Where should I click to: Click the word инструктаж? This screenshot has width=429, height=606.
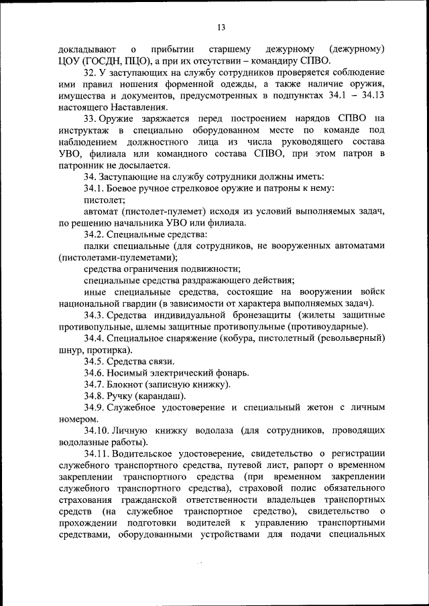(x=85, y=131)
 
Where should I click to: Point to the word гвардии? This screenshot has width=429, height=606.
(x=126, y=303)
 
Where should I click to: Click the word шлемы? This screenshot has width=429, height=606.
(x=141, y=327)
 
